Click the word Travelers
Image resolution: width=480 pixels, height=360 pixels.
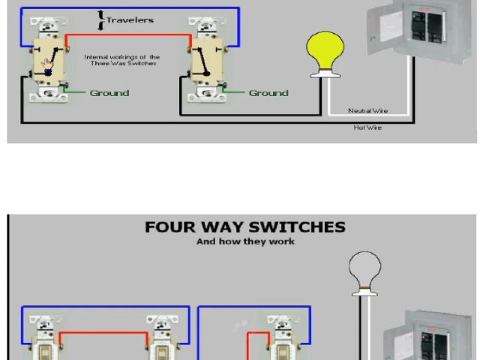[x=130, y=19]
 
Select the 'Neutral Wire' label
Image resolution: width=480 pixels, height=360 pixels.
[x=367, y=110]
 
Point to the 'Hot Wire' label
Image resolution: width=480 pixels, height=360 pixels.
[x=367, y=127]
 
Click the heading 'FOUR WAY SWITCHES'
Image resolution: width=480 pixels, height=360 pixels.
[x=244, y=226]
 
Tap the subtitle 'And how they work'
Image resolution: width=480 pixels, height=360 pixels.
[x=245, y=241]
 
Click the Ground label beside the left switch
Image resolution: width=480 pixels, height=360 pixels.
[x=109, y=93]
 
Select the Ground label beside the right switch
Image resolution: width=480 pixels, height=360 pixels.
[x=268, y=93]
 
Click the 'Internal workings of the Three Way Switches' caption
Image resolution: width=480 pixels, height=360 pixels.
[x=121, y=60]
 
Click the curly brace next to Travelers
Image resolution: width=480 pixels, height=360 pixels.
[x=101, y=20]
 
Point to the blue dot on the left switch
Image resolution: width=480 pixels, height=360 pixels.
[x=46, y=73]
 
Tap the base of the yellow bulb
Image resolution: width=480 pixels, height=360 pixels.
[x=324, y=72]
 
